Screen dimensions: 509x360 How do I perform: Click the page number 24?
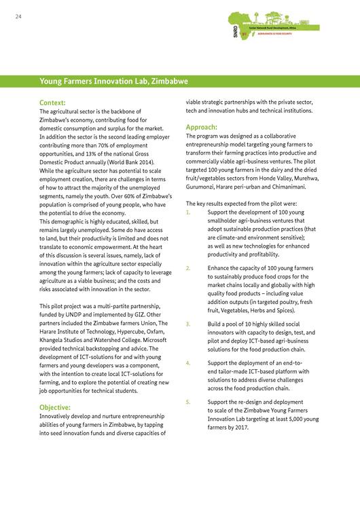tap(18, 18)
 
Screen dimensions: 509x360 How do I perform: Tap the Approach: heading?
tap(202, 127)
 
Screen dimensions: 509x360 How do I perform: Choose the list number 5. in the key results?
tap(189, 402)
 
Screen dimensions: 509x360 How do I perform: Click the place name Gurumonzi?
tap(204, 186)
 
